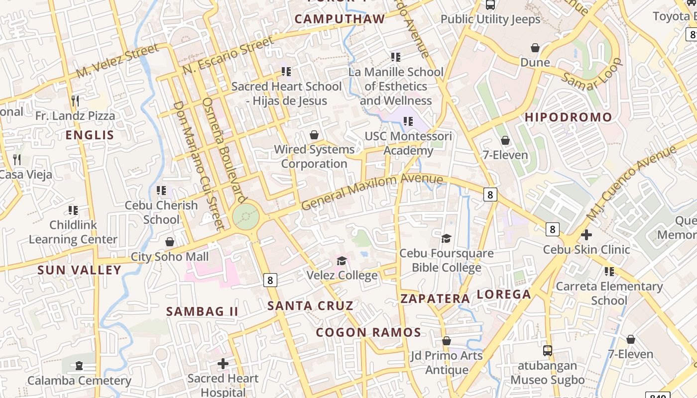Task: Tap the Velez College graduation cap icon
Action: tap(342, 261)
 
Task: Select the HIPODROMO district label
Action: tap(568, 117)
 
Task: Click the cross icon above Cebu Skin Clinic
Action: tap(586, 234)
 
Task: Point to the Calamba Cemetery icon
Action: tap(79, 366)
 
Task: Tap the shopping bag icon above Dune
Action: tap(535, 48)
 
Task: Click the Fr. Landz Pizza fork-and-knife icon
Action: tap(75, 101)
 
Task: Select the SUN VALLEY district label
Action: tap(79, 270)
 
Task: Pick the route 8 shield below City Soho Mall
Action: tap(270, 280)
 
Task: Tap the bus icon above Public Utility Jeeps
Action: tap(490, 5)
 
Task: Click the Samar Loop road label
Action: tap(592, 75)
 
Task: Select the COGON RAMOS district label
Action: tap(368, 332)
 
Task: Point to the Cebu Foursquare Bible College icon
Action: tap(446, 238)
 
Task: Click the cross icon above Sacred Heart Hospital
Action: tap(223, 364)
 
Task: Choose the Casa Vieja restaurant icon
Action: tap(17, 160)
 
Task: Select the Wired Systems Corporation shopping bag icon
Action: tap(314, 135)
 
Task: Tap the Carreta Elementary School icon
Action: tap(609, 272)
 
